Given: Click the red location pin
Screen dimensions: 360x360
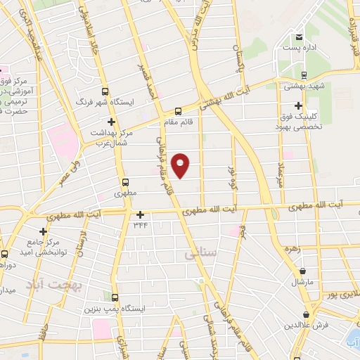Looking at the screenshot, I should point(181,165).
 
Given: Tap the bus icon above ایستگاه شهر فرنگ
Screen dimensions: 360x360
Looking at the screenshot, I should point(105,91).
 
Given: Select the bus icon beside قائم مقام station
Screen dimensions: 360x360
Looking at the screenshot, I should point(178,110).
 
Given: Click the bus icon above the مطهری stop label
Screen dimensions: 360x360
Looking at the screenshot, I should point(125,180).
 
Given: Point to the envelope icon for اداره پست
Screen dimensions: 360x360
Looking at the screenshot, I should point(300,37).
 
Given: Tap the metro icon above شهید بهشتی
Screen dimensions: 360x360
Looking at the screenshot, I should point(304,75).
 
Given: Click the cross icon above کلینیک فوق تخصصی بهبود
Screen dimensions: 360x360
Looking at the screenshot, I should point(299,105).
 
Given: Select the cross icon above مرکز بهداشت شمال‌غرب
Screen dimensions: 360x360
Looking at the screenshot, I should point(111,122).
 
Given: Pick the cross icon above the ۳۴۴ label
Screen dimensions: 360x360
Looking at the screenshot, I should point(141,214).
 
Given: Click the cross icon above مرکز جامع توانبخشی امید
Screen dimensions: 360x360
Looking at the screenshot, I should point(44,231).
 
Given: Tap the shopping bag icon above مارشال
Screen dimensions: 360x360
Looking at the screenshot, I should point(302,271).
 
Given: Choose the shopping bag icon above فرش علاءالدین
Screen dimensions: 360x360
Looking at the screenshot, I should point(306,314).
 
